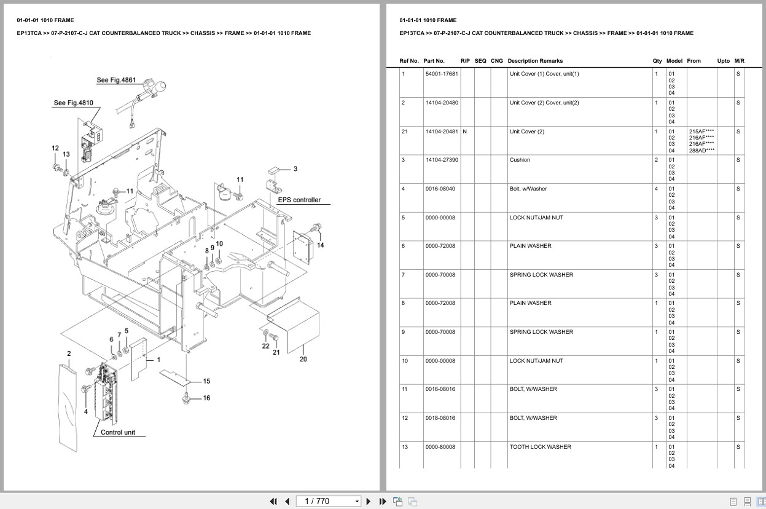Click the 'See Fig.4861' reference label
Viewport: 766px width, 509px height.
(x=116, y=81)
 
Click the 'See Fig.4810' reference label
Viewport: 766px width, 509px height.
(x=73, y=103)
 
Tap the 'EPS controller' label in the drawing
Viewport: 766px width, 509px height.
(x=299, y=200)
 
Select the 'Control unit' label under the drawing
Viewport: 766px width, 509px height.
(x=117, y=432)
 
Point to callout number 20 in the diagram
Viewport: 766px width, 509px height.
(x=303, y=359)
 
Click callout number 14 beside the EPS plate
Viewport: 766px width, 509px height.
(x=321, y=245)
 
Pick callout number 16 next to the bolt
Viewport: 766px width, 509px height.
(x=206, y=398)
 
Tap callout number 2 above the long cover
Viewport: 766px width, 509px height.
(x=69, y=353)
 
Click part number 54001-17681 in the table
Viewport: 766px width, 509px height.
(x=441, y=74)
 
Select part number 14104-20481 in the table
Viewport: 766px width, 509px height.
(x=441, y=132)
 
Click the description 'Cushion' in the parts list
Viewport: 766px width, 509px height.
(x=520, y=160)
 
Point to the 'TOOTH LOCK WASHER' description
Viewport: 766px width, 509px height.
(x=540, y=447)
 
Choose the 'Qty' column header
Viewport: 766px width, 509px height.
(x=657, y=61)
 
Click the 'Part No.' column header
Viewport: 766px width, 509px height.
(x=434, y=61)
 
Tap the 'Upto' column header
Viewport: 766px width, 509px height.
(x=723, y=61)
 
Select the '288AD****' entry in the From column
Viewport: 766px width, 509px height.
(x=702, y=151)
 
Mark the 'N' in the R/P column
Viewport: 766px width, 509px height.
(x=464, y=132)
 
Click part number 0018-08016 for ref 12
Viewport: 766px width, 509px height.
(x=440, y=418)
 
